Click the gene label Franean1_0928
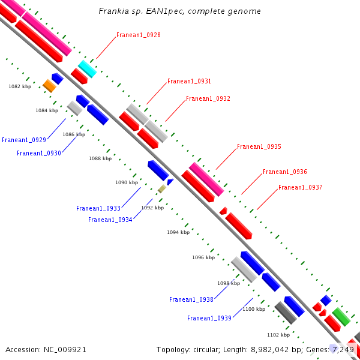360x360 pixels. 138,35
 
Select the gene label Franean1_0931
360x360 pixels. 189,81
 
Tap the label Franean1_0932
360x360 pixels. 208,98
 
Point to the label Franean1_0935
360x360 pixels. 259,146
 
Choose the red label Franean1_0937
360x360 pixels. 300,187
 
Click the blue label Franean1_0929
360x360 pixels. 24,140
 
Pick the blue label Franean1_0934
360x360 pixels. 110,220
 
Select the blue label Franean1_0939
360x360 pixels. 209,318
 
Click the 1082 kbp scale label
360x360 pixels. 20,86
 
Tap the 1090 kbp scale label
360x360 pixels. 127,182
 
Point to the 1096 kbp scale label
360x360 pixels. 203,257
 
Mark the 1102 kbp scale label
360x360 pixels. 278,335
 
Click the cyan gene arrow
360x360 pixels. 87,69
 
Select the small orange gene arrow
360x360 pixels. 49,86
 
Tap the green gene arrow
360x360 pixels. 341,316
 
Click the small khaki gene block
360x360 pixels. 161,188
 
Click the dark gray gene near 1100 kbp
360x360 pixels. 286,313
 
